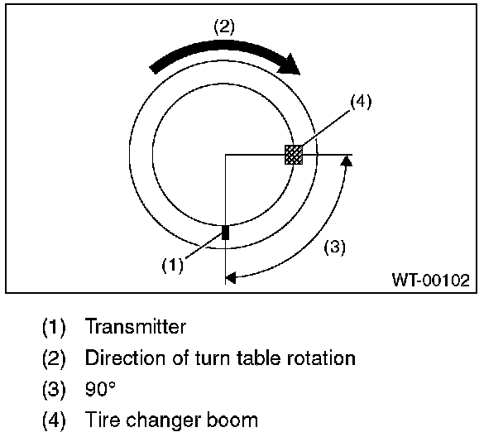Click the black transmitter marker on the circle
tap(225, 233)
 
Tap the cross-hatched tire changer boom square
tap(293, 154)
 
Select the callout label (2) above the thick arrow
tap(223, 26)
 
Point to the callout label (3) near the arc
tap(333, 247)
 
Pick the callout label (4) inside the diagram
tap(361, 103)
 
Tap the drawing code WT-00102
tap(429, 281)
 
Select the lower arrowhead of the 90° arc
tap(231, 278)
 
